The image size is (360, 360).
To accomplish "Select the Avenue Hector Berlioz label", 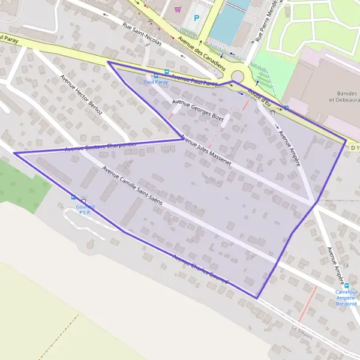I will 82,94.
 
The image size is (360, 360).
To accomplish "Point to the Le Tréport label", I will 302,332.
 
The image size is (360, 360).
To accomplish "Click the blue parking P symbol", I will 196,18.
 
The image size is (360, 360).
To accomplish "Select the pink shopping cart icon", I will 178,9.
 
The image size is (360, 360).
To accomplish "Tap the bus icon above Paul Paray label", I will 157,76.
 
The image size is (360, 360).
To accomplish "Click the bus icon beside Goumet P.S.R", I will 74,198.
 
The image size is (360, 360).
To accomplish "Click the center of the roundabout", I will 240,77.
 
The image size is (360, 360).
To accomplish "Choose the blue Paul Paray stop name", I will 156,82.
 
